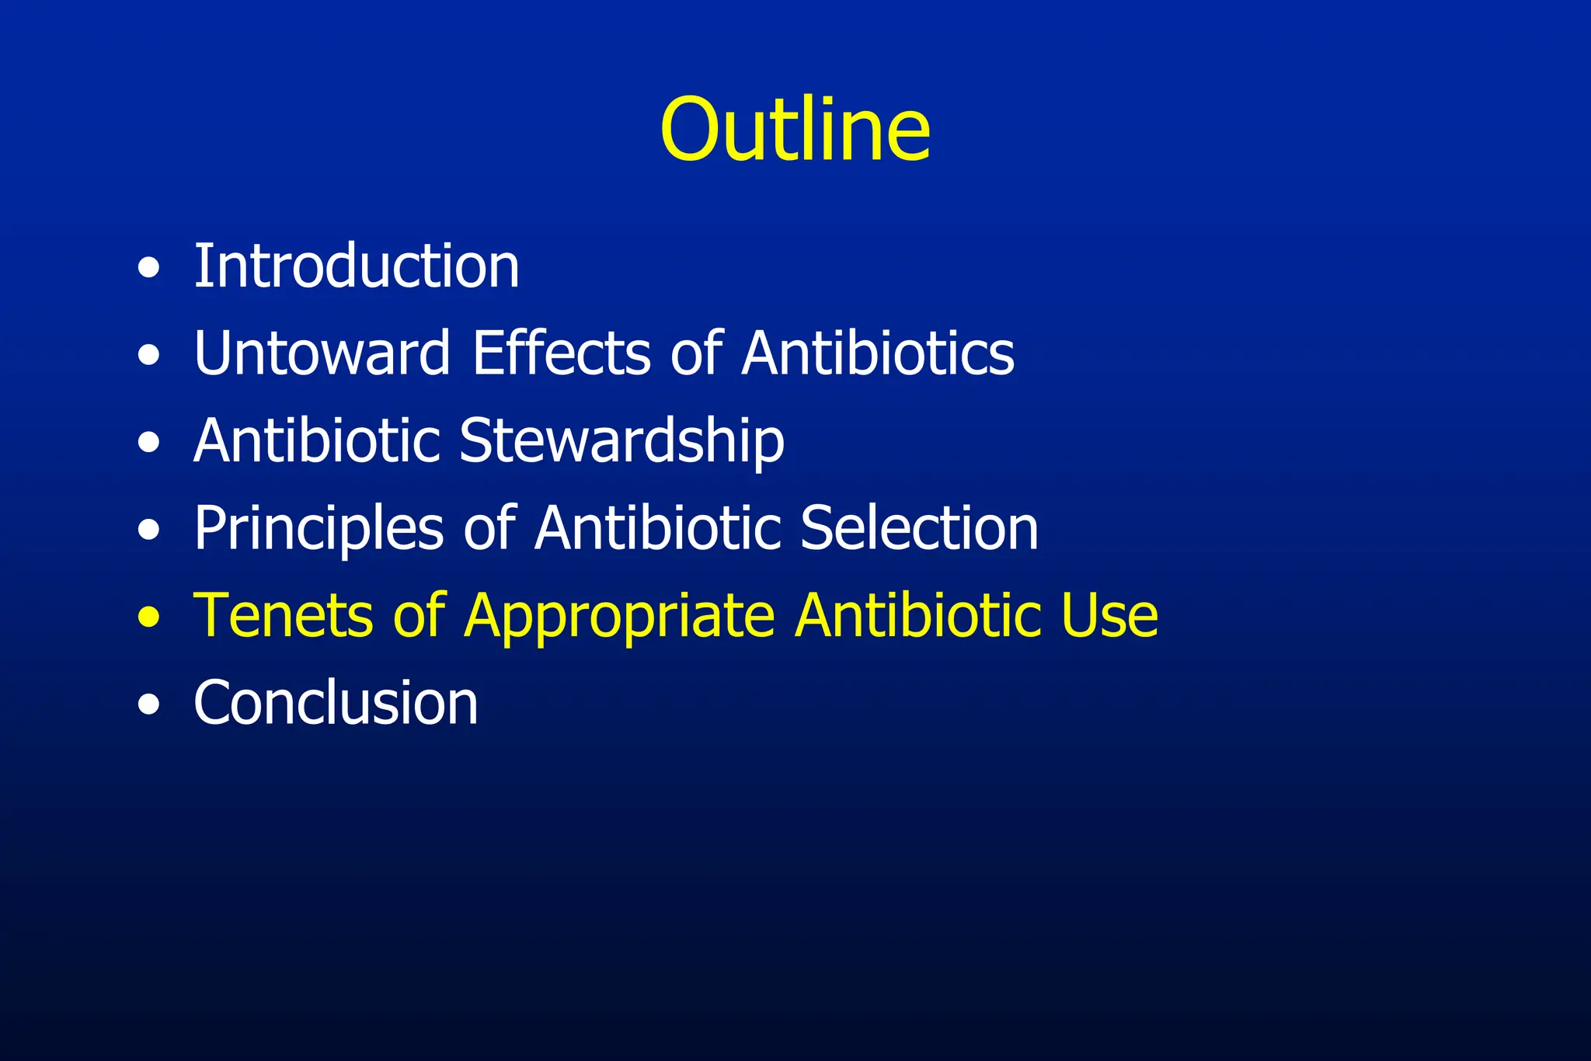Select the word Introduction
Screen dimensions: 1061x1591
[357, 266]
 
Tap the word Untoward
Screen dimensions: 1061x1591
[322, 353]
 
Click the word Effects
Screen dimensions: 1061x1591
[562, 353]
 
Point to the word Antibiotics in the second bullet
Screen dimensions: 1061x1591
[878, 353]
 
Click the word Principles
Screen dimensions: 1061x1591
[319, 528]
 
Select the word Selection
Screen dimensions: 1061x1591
[919, 528]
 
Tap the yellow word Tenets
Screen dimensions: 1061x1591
[283, 616]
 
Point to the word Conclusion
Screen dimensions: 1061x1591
[336, 703]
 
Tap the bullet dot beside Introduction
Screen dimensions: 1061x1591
[148, 269]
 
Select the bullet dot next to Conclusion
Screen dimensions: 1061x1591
[148, 705]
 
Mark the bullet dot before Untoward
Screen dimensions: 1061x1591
[148, 356]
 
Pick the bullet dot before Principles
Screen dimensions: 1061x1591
[148, 530]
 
